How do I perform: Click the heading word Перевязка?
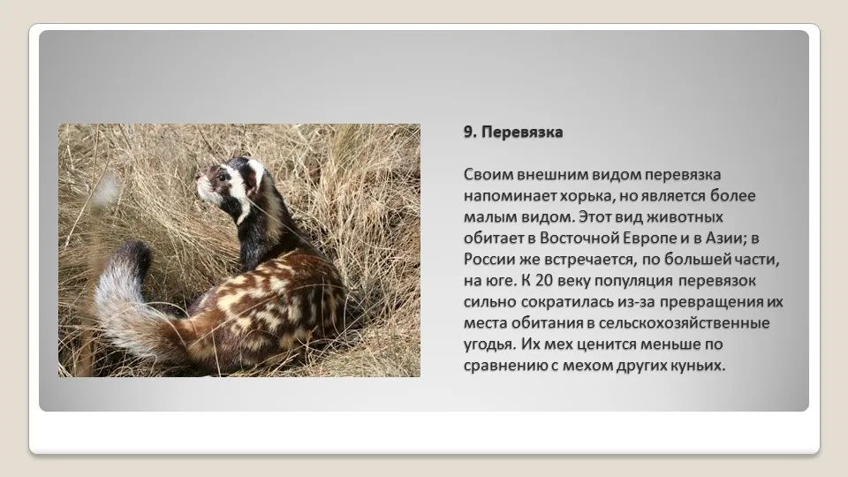click(x=522, y=132)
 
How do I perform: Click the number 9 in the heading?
click(x=468, y=132)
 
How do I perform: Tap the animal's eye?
click(x=221, y=177)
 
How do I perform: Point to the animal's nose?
click(x=198, y=177)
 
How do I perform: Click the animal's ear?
click(x=254, y=174)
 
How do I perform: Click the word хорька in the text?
click(x=587, y=196)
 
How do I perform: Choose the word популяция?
click(x=629, y=281)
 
